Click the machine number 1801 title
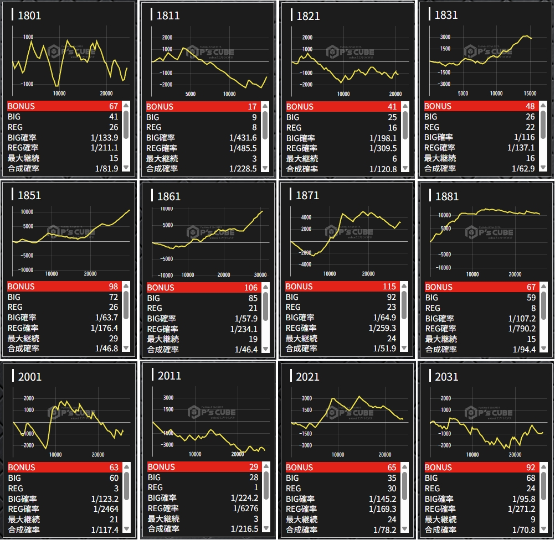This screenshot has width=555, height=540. click(29, 15)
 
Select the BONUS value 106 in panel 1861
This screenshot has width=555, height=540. click(251, 288)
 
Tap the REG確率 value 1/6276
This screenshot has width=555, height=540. click(244, 508)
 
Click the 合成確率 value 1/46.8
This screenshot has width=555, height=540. click(106, 349)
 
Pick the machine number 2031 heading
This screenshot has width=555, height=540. click(446, 377)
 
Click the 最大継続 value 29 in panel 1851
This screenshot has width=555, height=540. click(113, 338)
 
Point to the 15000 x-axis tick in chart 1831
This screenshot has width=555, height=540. click(530, 94)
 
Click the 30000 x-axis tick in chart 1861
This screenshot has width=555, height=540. click(259, 275)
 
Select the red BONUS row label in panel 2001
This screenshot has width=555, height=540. click(21, 468)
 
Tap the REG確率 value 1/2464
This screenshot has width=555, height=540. click(107, 509)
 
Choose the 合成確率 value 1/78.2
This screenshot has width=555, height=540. click(384, 530)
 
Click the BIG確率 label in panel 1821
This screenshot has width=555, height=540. click(300, 138)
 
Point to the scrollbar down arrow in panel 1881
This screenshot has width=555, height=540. click(543, 348)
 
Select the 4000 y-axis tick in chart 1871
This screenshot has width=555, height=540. click(306, 217)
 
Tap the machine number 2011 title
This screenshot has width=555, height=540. click(169, 376)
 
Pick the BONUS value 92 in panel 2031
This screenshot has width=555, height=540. click(529, 468)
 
